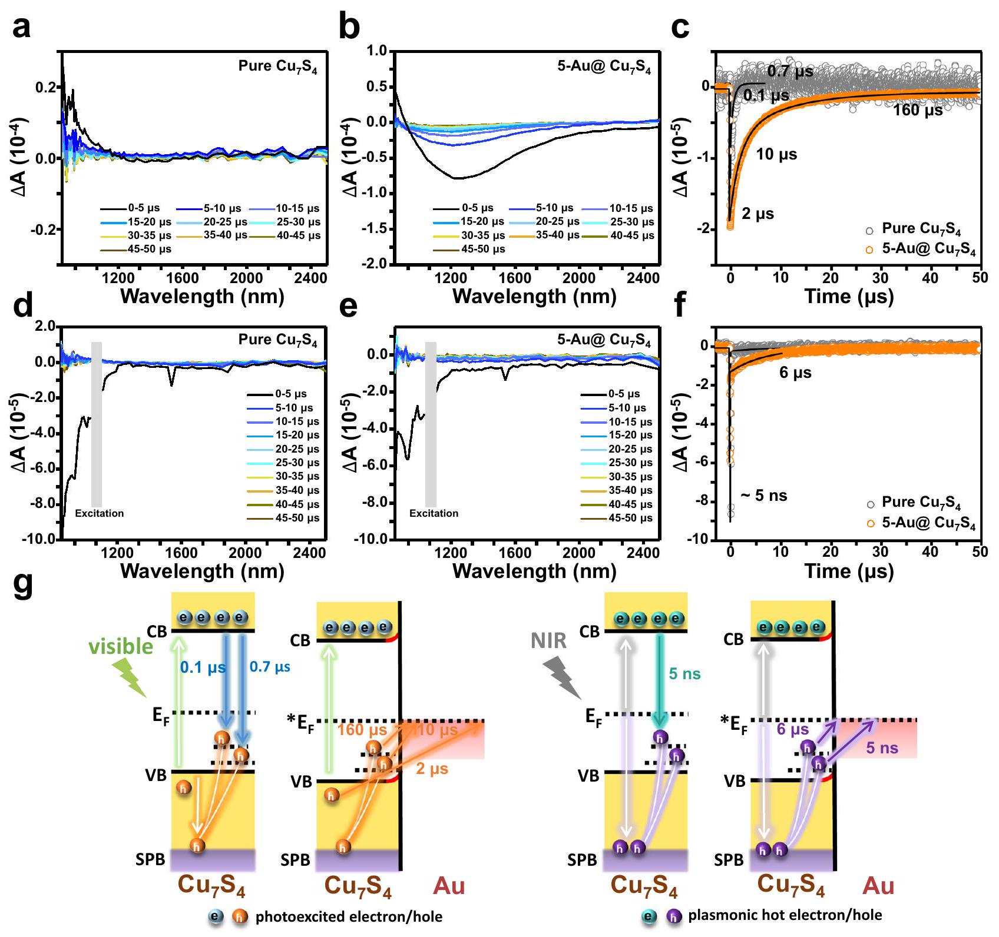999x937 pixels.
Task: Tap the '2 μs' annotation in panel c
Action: point(757,214)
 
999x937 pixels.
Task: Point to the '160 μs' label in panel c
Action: point(918,110)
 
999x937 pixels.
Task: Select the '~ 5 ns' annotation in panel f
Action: point(763,496)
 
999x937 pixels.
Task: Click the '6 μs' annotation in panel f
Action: point(795,373)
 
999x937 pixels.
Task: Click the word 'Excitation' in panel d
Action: point(100,513)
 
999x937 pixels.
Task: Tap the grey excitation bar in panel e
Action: point(431,424)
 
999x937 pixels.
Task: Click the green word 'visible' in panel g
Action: point(121,647)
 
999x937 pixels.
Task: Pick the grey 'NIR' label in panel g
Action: point(548,640)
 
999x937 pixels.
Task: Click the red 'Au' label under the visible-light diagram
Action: point(449,886)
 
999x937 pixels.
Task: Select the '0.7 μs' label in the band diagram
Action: point(270,667)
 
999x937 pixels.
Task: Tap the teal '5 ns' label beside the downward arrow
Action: point(684,674)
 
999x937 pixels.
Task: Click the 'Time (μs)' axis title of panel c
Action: point(849,296)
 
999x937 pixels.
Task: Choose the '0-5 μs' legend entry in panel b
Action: point(477,208)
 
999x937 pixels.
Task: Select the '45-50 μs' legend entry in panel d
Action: point(297,518)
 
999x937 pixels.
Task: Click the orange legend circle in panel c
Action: point(869,250)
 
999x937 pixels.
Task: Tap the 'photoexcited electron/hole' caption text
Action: point(349,916)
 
